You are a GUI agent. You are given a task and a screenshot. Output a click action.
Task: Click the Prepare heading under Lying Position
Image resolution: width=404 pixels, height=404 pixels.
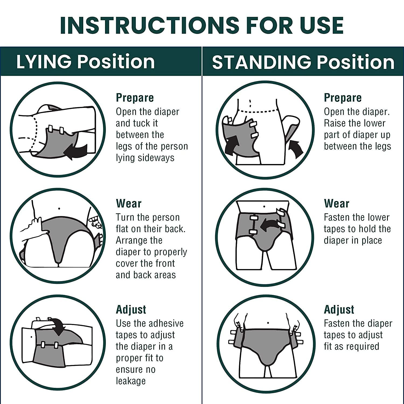click(135, 98)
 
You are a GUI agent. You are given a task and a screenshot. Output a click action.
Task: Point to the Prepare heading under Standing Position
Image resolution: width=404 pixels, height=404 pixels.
click(343, 98)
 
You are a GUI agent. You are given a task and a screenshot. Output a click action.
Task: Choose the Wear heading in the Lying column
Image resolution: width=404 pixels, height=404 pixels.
click(128, 204)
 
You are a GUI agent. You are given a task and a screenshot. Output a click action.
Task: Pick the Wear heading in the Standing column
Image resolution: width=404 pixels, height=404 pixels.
click(337, 204)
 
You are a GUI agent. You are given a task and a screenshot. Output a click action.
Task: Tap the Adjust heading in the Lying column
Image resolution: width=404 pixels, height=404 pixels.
click(131, 310)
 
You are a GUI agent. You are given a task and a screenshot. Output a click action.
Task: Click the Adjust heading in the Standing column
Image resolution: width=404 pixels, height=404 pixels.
click(339, 310)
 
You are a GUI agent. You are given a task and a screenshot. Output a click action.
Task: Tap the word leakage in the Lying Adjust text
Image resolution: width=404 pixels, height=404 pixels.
click(131, 381)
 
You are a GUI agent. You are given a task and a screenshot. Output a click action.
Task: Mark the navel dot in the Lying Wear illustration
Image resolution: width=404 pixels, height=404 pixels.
click(59, 208)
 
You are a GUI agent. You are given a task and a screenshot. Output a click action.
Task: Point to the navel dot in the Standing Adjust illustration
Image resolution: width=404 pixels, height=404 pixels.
click(268, 323)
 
